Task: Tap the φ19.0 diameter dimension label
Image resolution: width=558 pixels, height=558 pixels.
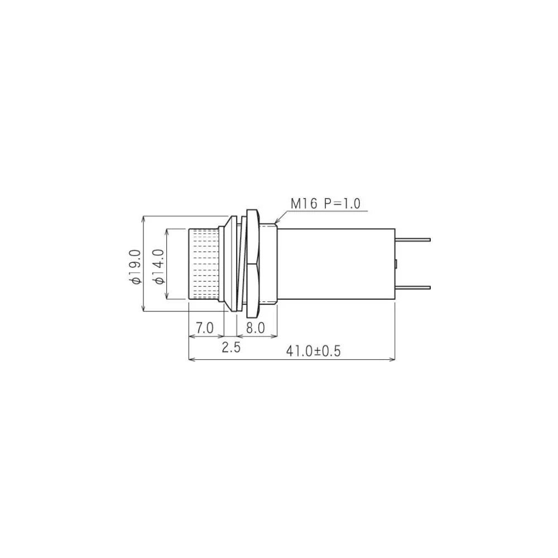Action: click(x=134, y=267)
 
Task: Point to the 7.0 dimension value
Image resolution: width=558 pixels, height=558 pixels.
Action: click(x=205, y=328)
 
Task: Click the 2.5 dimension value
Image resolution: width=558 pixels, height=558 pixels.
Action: click(x=231, y=348)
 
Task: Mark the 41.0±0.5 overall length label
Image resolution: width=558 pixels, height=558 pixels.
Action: click(x=313, y=351)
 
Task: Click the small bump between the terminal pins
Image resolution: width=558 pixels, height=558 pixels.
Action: click(x=396, y=263)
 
